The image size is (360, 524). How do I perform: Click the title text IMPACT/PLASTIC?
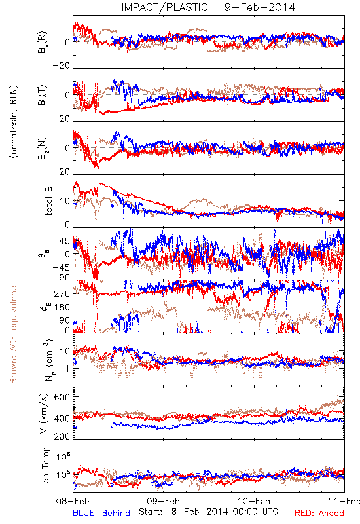tap(164, 7)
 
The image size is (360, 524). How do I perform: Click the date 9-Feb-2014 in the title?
tap(260, 7)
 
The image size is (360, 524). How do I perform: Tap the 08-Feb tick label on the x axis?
tap(73, 501)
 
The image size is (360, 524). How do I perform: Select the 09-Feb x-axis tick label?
tap(163, 501)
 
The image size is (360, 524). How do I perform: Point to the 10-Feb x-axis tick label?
tap(254, 501)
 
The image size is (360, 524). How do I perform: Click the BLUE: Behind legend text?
tap(101, 513)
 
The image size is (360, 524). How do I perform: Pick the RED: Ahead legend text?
tap(319, 513)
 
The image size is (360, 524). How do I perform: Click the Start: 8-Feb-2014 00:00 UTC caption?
tap(208, 512)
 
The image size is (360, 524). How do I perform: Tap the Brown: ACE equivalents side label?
tap(13, 333)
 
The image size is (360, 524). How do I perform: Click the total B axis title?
tap(48, 201)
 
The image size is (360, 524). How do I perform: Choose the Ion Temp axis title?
tap(45, 466)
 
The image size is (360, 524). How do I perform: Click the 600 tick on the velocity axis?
tap(62, 397)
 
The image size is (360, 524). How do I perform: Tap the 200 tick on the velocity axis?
tap(62, 436)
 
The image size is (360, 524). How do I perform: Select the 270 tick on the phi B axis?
tap(62, 293)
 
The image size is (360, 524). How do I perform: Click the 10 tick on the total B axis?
tap(65, 201)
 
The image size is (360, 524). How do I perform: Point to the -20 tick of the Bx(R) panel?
tap(61, 65)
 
